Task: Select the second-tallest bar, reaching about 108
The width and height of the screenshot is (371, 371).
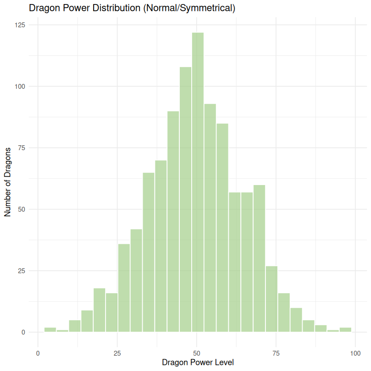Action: click(x=185, y=199)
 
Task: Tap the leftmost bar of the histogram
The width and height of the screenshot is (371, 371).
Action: click(x=50, y=329)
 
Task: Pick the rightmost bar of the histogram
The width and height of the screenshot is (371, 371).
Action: click(x=345, y=329)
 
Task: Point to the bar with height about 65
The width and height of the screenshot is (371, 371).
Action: click(x=149, y=252)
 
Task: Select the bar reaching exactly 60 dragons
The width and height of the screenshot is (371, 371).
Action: click(x=259, y=258)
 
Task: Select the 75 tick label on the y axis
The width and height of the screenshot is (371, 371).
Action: click(x=21, y=148)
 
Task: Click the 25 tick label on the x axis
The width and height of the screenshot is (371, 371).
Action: click(x=117, y=353)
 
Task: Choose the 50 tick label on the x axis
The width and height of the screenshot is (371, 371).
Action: click(x=197, y=353)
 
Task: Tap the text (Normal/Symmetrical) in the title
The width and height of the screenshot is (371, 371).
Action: click(x=189, y=8)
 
